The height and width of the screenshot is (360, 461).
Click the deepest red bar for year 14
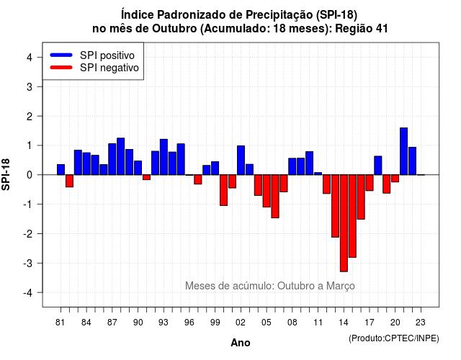click(344, 223)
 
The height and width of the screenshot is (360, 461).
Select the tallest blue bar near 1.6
click(403, 151)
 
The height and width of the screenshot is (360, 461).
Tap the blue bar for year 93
click(164, 157)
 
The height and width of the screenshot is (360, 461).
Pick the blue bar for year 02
click(241, 160)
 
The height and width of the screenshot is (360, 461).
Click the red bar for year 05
click(267, 191)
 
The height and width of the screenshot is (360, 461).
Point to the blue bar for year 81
click(61, 170)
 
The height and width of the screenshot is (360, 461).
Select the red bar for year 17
click(370, 182)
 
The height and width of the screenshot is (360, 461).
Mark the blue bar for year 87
click(112, 159)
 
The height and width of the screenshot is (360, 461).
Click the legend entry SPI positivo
click(107, 55)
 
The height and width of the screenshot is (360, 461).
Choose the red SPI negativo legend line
click(61, 67)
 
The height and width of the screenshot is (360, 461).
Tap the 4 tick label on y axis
click(30, 58)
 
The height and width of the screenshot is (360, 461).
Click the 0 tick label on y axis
click(30, 175)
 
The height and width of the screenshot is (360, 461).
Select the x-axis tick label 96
click(189, 323)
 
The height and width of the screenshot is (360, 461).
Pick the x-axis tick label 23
click(421, 323)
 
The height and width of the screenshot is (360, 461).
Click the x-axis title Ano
click(241, 343)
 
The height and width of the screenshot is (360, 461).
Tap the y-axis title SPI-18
click(6, 174)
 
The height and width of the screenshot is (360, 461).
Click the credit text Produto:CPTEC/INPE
click(394, 338)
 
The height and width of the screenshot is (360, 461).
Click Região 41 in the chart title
click(362, 29)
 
